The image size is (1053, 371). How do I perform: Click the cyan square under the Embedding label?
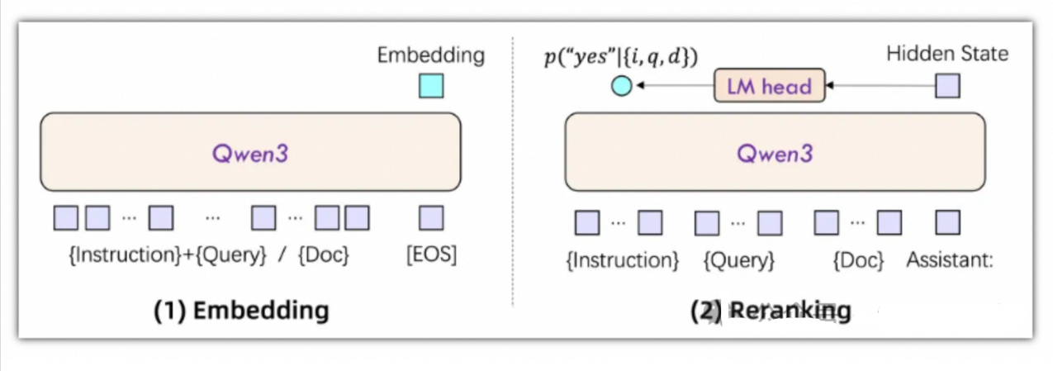(x=431, y=86)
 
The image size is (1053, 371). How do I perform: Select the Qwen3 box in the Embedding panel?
(x=250, y=153)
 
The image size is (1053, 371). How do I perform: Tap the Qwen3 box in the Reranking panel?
(x=775, y=153)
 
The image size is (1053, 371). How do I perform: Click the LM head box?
(x=770, y=85)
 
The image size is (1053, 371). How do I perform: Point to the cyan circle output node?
(x=621, y=85)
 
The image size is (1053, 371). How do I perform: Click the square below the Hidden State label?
(x=947, y=85)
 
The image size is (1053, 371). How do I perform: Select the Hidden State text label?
(x=947, y=55)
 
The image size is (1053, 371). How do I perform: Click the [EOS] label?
(x=431, y=255)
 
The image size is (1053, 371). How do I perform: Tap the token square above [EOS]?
(x=431, y=218)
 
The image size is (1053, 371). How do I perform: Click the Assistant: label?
(x=949, y=261)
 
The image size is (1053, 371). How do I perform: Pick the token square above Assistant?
(x=947, y=222)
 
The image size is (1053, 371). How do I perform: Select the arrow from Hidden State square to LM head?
(x=880, y=85)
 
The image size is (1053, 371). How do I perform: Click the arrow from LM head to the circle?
(x=673, y=85)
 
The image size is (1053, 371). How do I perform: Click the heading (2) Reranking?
(x=770, y=311)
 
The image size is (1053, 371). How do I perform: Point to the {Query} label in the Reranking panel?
(x=738, y=261)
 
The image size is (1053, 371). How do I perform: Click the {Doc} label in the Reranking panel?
(x=858, y=261)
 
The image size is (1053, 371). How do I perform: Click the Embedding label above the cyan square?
(x=431, y=55)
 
